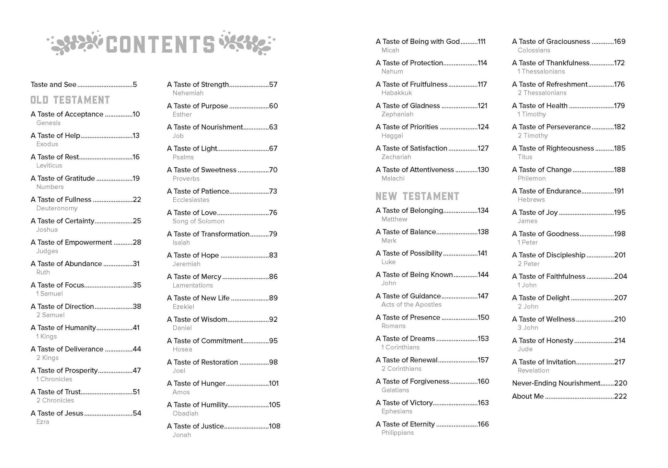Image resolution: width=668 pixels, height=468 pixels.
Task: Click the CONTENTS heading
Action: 160,44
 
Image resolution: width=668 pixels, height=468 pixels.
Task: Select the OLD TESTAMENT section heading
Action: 70,100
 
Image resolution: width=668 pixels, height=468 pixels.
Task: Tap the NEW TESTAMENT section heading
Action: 417,196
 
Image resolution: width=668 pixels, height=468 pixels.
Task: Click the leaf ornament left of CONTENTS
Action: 75,43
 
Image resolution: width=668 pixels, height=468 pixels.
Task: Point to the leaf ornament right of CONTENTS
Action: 246,43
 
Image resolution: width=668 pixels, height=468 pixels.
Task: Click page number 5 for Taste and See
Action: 135,85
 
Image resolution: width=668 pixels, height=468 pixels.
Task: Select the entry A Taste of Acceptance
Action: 67,114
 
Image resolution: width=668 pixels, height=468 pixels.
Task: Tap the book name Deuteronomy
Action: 57,208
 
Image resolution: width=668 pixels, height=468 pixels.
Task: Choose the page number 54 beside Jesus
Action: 137,413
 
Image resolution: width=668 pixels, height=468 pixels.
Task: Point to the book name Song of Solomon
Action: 198,221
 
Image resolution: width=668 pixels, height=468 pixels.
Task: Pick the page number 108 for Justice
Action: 275,426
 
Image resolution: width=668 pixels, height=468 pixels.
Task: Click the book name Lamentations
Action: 193,285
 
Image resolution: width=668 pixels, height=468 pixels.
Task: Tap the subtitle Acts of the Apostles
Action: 411,304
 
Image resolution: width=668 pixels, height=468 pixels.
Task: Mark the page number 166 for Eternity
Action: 483,424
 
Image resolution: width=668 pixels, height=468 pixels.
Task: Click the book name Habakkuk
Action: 396,93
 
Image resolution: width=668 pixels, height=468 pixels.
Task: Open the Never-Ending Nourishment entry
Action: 556,383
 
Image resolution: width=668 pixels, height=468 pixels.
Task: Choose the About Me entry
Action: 528,396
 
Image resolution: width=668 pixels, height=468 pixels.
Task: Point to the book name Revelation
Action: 533,370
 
